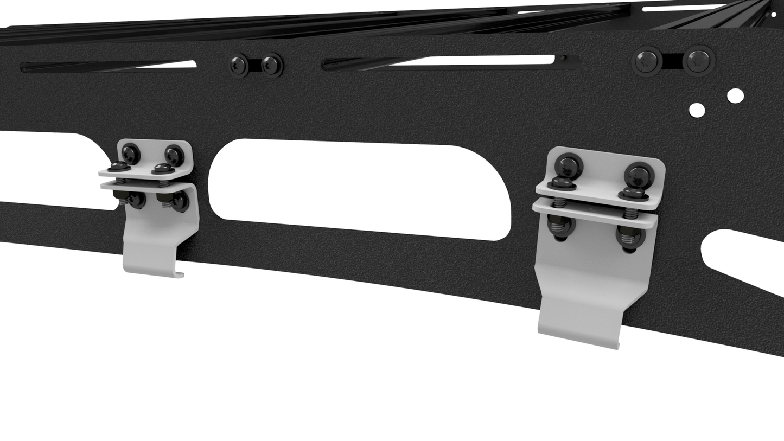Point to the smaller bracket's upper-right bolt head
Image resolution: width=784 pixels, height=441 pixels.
pyautogui.click(x=174, y=155)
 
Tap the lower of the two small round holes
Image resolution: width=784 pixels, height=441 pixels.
pyautogui.click(x=697, y=110)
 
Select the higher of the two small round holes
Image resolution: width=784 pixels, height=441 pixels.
pyautogui.click(x=735, y=96)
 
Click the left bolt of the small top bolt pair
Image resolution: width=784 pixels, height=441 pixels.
pyautogui.click(x=238, y=66)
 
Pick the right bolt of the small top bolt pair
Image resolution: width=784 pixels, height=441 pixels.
pyautogui.click(x=271, y=65)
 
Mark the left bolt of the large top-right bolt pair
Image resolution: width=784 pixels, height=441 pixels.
pyautogui.click(x=647, y=61)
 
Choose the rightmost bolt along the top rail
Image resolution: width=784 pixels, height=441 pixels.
pyautogui.click(x=698, y=60)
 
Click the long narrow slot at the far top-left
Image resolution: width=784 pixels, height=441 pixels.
pyautogui.click(x=109, y=67)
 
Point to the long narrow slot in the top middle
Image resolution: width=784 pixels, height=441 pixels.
pyautogui.click(x=450, y=62)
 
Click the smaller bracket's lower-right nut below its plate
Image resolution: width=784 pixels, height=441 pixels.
pyautogui.click(x=179, y=202)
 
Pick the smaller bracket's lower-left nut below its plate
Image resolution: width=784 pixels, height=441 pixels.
pyautogui.click(x=136, y=200)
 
